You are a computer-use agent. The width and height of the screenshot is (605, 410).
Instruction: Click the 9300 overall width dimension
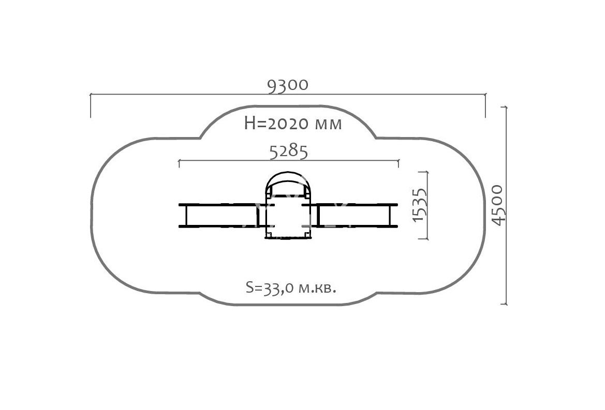point(288,85)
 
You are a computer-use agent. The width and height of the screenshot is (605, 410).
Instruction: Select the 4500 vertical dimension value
point(498,205)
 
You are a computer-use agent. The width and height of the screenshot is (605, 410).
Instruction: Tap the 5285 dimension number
point(289,152)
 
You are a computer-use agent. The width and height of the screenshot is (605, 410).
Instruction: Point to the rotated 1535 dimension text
point(419,205)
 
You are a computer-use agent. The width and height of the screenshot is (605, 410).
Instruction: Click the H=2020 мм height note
point(293,124)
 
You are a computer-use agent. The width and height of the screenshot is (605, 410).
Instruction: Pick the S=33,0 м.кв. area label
point(291,287)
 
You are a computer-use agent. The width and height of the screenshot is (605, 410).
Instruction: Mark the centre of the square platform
point(288,217)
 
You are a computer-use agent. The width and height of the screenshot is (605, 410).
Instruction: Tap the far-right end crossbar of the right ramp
point(390,216)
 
